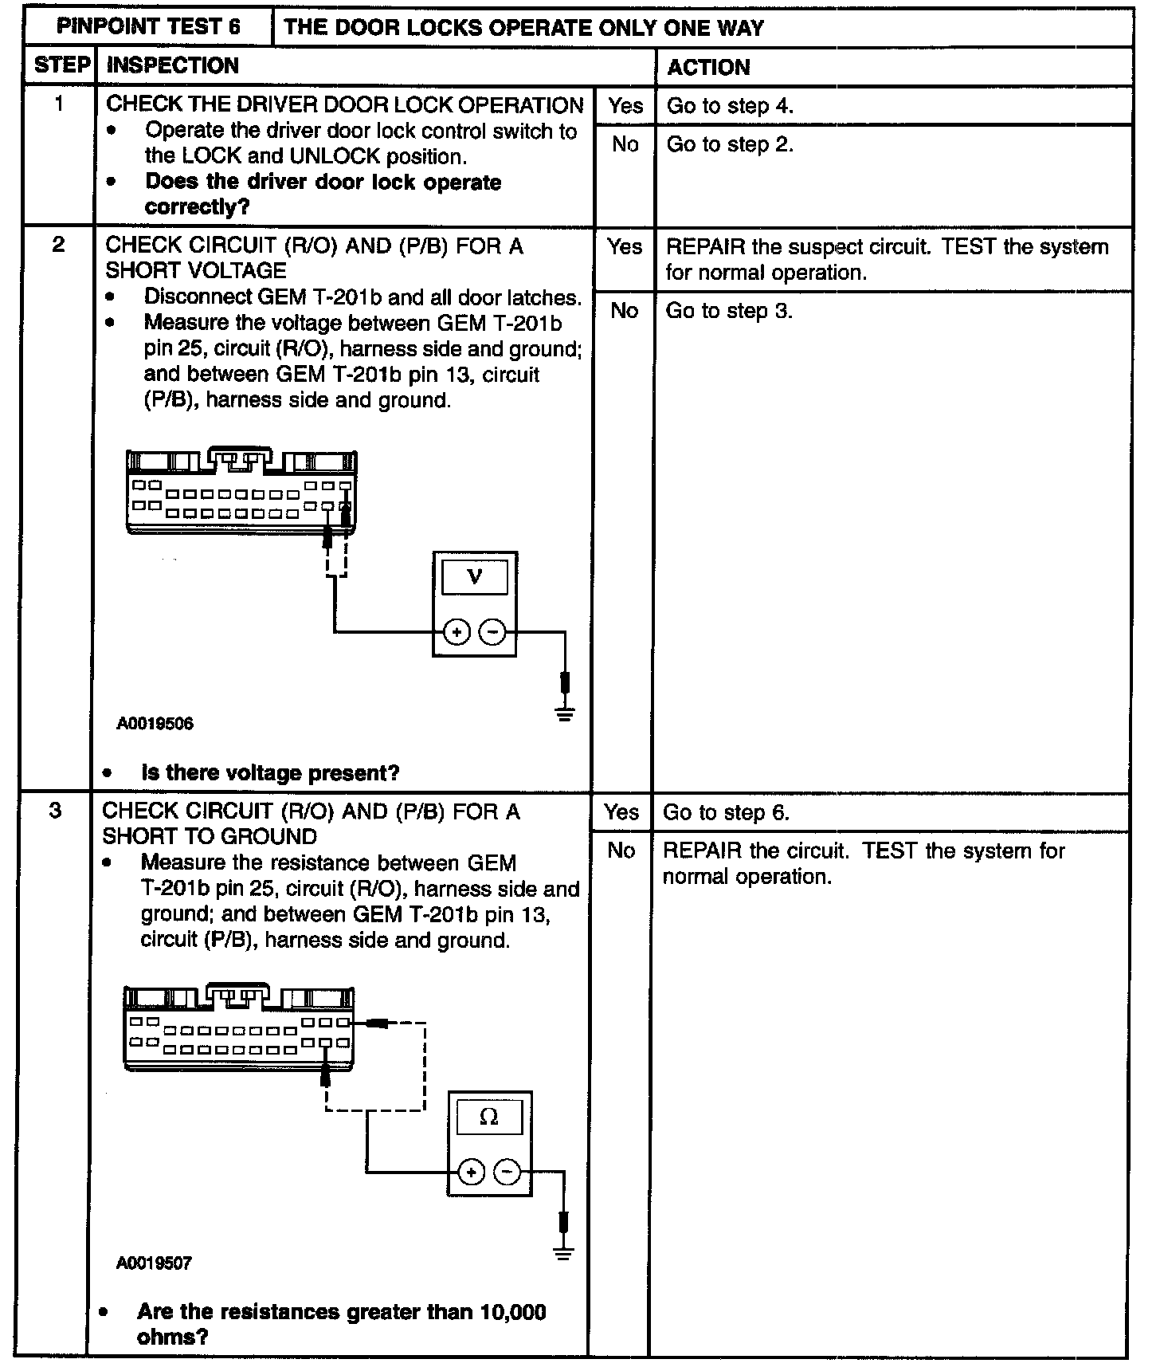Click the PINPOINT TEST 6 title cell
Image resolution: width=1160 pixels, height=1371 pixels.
(x=148, y=27)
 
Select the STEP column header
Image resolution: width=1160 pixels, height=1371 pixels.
(x=63, y=65)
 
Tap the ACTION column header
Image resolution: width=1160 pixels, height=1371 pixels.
(x=708, y=67)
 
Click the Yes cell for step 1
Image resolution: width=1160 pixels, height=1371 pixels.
(x=625, y=105)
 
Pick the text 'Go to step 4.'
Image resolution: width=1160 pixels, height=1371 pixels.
(x=730, y=106)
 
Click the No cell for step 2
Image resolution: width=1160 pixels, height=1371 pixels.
(x=624, y=310)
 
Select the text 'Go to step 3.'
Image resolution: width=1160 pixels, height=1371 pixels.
(x=729, y=310)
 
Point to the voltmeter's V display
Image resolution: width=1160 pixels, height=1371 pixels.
(x=475, y=576)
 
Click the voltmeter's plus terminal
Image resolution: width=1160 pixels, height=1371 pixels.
(x=457, y=633)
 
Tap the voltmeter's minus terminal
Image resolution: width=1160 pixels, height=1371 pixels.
(x=494, y=633)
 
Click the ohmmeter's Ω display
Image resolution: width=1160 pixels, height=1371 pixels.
(x=489, y=1118)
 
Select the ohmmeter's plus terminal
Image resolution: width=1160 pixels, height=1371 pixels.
(x=472, y=1172)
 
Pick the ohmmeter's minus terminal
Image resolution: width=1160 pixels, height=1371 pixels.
(x=508, y=1172)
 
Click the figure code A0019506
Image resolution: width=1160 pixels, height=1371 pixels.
(x=155, y=724)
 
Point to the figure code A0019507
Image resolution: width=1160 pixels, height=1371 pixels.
(x=154, y=1263)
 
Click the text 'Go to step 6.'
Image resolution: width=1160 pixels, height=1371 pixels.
(x=726, y=812)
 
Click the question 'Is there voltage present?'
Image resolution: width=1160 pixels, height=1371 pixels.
(x=270, y=772)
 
